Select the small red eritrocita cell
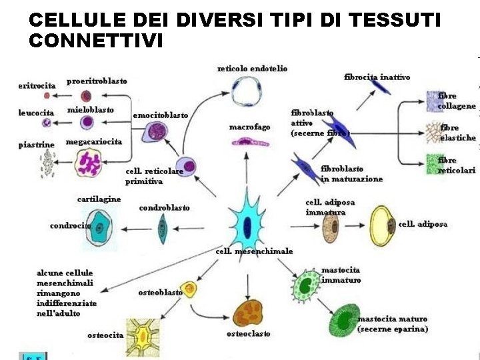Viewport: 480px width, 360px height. pyautogui.click(x=47, y=95)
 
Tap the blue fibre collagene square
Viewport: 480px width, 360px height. pyautogui.click(x=434, y=101)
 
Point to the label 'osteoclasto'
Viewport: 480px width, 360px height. pyautogui.click(x=248, y=333)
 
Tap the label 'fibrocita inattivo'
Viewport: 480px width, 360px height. pyautogui.click(x=377, y=77)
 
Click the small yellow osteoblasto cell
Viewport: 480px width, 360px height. pyautogui.click(x=189, y=289)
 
